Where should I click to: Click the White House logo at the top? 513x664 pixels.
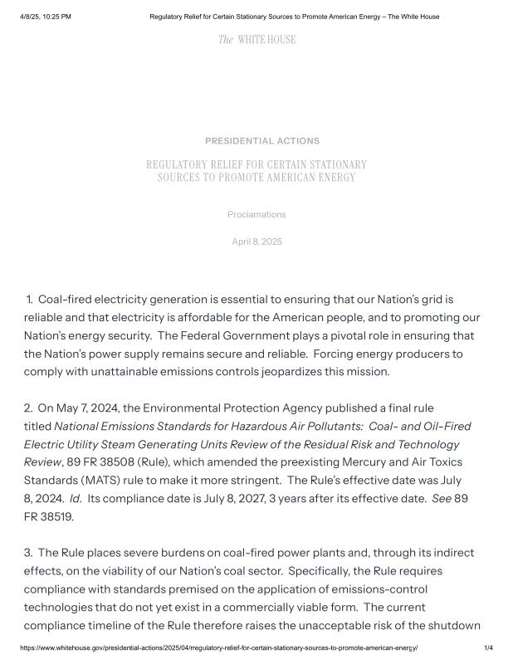click(x=256, y=39)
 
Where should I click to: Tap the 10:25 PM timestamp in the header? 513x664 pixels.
click(x=54, y=17)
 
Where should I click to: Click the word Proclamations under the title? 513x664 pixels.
click(x=256, y=215)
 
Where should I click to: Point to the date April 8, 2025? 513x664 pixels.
click(x=256, y=242)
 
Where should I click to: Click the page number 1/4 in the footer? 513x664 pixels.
click(x=488, y=647)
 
